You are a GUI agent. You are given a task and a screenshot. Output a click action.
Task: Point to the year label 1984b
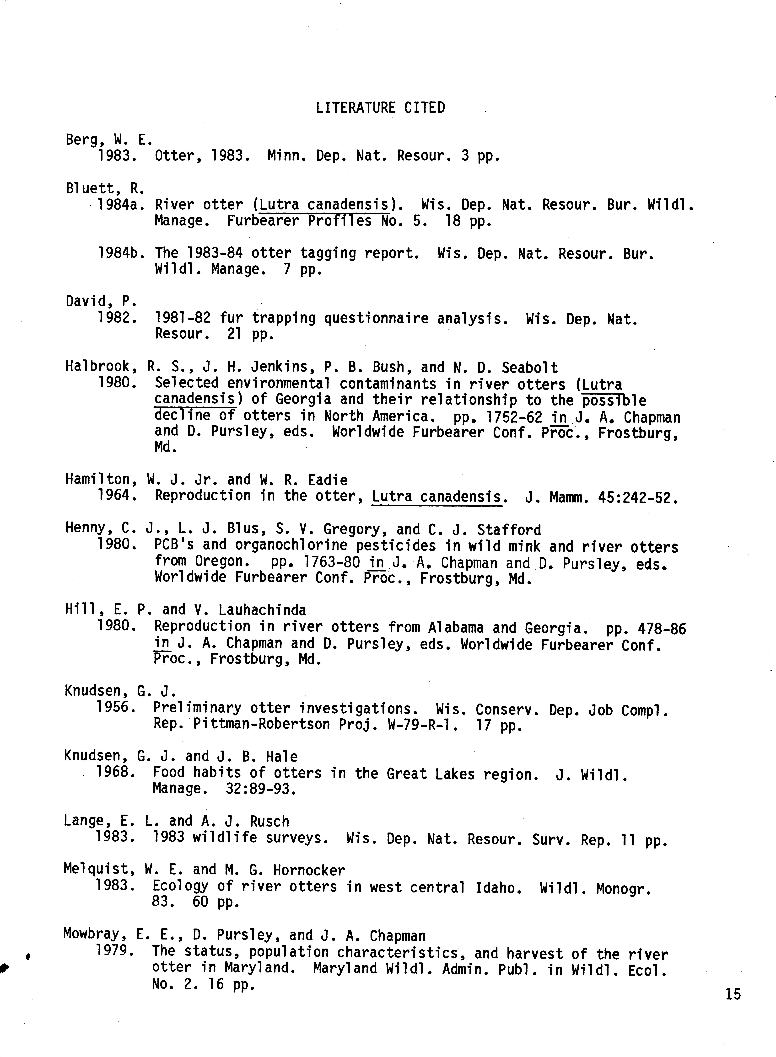point(120,254)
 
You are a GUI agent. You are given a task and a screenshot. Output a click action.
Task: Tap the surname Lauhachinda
point(262,610)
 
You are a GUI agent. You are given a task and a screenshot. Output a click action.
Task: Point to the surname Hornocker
point(309,870)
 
